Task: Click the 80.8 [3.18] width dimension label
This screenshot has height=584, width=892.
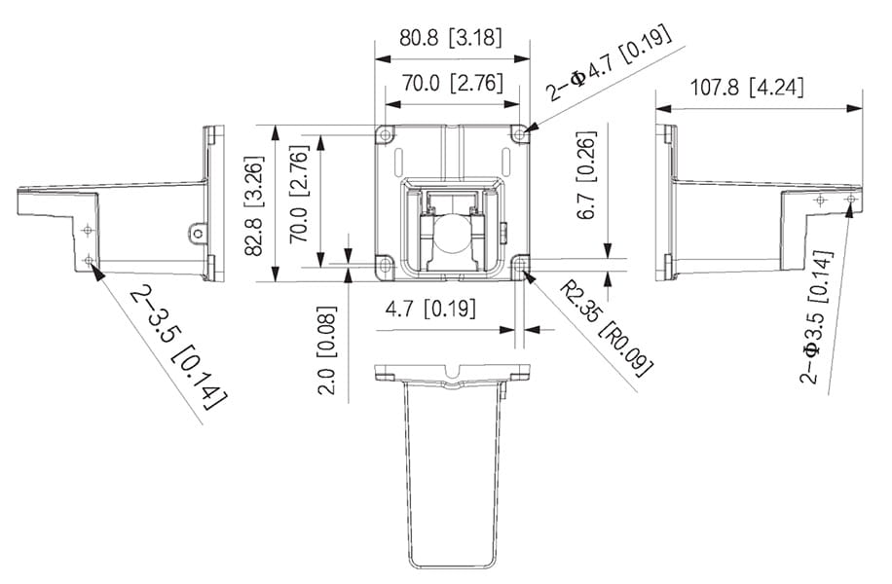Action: (x=451, y=38)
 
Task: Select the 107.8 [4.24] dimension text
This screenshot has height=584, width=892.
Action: (x=746, y=89)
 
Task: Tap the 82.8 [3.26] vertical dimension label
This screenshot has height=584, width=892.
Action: (x=254, y=205)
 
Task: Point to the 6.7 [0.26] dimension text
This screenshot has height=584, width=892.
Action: (x=586, y=174)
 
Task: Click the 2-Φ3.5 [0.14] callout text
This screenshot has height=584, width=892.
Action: (x=817, y=316)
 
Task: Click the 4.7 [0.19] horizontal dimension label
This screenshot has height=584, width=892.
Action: (x=430, y=309)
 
